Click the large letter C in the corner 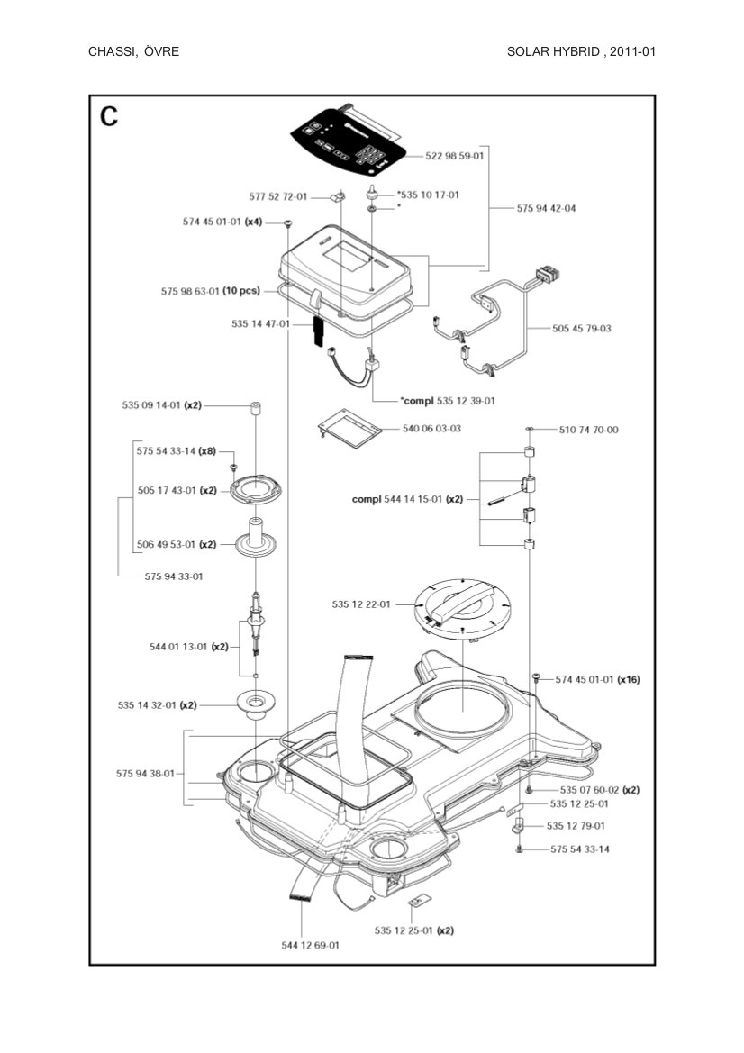[x=109, y=117]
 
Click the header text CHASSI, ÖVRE [x=133, y=51]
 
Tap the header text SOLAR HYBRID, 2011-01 [x=581, y=51]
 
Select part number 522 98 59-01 [x=455, y=156]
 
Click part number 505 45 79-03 [x=581, y=329]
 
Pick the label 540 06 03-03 [x=431, y=429]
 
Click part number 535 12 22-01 [x=360, y=604]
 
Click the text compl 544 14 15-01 [x=407, y=498]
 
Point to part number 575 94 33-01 [x=174, y=576]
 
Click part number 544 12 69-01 [x=310, y=945]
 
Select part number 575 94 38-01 [x=145, y=773]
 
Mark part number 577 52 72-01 [x=277, y=196]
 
